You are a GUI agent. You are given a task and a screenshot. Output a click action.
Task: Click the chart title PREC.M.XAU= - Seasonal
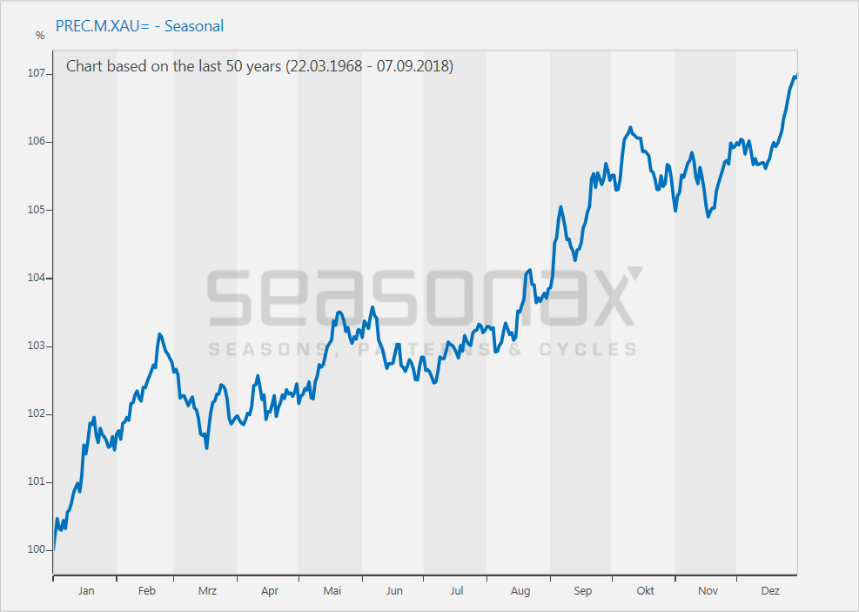pyautogui.click(x=139, y=26)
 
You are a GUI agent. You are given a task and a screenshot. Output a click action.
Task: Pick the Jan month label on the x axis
pyautogui.click(x=86, y=591)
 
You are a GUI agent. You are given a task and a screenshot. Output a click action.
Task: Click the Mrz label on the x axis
pyautogui.click(x=207, y=591)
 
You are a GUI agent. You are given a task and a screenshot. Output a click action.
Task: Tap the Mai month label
pyautogui.click(x=332, y=591)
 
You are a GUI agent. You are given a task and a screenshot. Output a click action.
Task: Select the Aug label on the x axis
pyautogui.click(x=520, y=591)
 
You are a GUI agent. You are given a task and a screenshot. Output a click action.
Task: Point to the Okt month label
pyautogui.click(x=645, y=591)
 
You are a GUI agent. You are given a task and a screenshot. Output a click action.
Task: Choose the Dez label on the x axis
pyautogui.click(x=770, y=591)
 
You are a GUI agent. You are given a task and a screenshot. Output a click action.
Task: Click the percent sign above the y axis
pyautogui.click(x=39, y=36)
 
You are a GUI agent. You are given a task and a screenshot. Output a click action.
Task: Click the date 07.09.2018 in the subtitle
pyautogui.click(x=414, y=66)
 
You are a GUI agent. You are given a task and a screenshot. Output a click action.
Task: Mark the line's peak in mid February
pyautogui.click(x=159, y=334)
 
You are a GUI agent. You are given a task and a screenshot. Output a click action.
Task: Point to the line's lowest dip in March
pyautogui.click(x=206, y=447)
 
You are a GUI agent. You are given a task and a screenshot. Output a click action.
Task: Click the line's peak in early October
pyautogui.click(x=629, y=128)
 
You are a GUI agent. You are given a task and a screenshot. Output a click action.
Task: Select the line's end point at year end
pyautogui.click(x=796, y=75)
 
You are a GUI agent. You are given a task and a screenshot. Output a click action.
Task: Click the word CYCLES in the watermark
pyautogui.click(x=588, y=349)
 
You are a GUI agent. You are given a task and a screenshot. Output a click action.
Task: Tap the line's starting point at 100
pyautogui.click(x=53, y=549)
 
